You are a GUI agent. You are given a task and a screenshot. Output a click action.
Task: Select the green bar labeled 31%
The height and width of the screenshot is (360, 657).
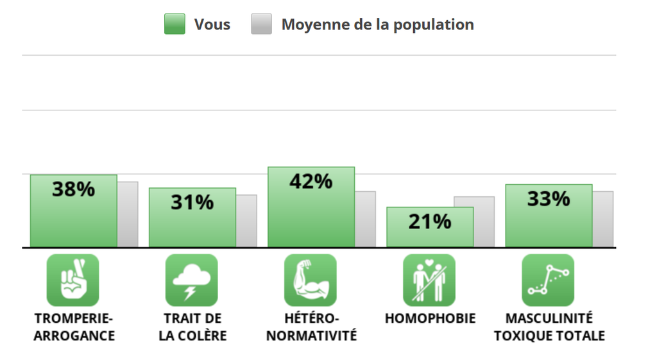point(192,218)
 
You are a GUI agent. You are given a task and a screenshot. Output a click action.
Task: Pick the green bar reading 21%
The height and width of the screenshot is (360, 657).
point(429,227)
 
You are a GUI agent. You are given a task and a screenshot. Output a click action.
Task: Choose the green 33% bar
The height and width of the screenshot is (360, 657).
point(549,216)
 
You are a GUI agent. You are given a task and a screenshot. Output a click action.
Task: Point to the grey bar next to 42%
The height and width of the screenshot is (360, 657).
point(366,219)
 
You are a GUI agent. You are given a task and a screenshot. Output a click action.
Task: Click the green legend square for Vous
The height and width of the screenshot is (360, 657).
point(175,24)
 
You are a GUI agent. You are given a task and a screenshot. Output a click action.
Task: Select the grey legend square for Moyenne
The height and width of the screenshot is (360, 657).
point(261,24)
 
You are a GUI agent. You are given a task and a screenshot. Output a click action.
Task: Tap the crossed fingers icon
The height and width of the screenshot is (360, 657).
point(73,280)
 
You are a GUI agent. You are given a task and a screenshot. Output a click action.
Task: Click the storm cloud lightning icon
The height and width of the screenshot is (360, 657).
point(192,280)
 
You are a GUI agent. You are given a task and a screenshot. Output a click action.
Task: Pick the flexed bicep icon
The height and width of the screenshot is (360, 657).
point(311,280)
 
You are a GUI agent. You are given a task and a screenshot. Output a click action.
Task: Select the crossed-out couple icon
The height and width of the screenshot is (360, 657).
point(429,280)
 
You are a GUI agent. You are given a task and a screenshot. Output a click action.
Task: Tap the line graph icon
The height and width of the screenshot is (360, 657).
point(548,280)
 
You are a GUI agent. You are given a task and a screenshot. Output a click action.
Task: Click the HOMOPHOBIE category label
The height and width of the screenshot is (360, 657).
point(430,319)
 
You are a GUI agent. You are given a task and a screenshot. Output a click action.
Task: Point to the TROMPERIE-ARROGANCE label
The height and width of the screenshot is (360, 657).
point(74,327)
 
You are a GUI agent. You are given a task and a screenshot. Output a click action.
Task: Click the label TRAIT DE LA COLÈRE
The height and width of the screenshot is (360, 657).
point(192,327)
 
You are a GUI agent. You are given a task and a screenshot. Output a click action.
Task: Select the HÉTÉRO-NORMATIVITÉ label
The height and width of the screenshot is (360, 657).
point(311,327)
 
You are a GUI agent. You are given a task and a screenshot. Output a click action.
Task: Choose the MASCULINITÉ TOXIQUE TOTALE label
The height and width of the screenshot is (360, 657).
point(549,327)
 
